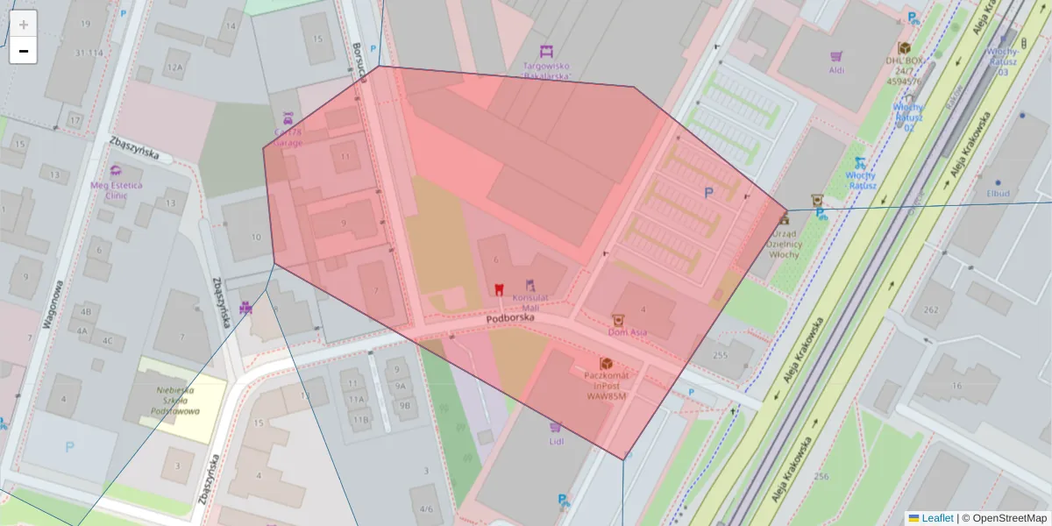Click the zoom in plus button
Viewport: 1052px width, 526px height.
click(x=24, y=25)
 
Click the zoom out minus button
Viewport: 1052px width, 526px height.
click(x=24, y=51)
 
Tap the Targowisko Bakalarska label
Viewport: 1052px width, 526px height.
click(x=546, y=71)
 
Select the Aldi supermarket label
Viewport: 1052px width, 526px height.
click(x=836, y=69)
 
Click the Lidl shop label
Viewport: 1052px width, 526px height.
click(x=555, y=441)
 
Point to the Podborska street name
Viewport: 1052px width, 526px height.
click(x=510, y=320)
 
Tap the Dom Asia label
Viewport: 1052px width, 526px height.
click(x=628, y=332)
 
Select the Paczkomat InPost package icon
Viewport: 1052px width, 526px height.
click(x=606, y=363)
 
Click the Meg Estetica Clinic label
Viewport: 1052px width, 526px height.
click(x=116, y=189)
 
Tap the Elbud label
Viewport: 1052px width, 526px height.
click(x=998, y=193)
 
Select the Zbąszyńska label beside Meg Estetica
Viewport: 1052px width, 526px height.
click(x=135, y=149)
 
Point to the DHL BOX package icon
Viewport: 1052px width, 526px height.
click(x=904, y=48)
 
